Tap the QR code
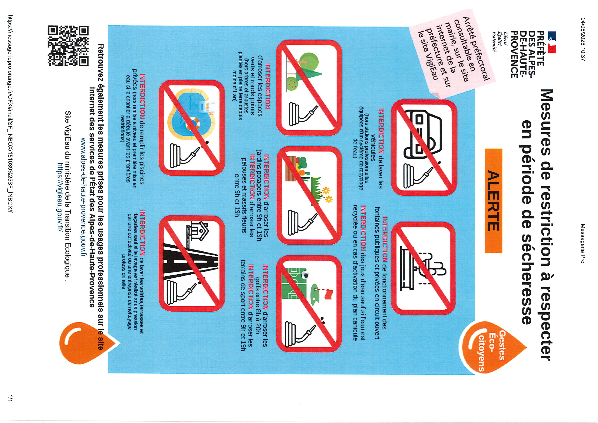pyautogui.click(x=68, y=45)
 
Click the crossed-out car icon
pyautogui.click(x=424, y=148)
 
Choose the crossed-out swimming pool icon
pyautogui.click(x=191, y=128)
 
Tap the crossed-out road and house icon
pyautogui.click(x=191, y=263)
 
